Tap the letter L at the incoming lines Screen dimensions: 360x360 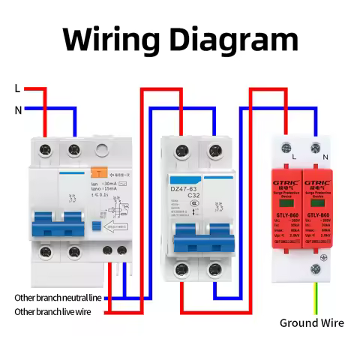click(17, 88)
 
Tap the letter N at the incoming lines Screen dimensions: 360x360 click(17, 109)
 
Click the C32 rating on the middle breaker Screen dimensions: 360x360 click(193, 196)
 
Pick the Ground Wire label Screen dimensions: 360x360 click(312, 322)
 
